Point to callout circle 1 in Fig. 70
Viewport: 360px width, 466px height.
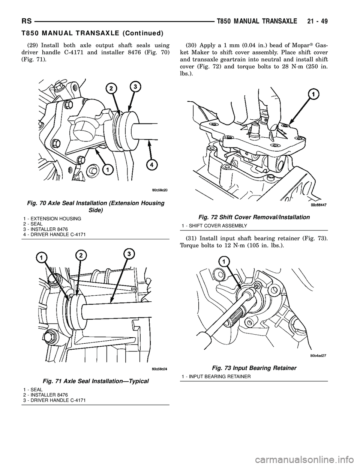(x=107, y=170)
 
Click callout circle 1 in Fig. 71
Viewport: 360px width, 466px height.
(x=41, y=258)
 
